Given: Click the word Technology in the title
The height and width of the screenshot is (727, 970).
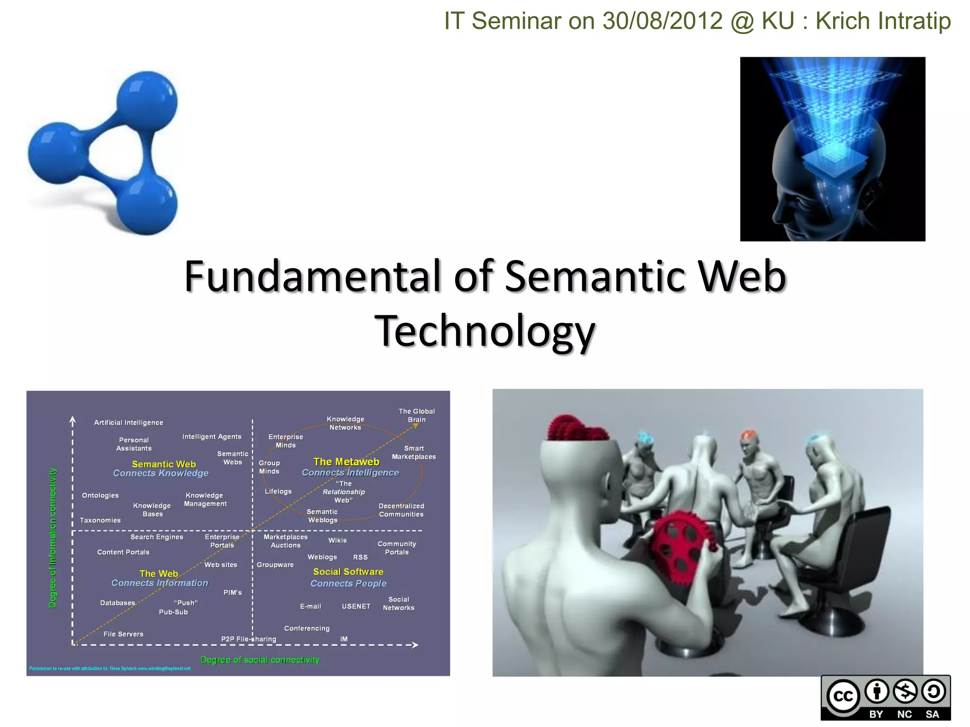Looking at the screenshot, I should click(x=485, y=331).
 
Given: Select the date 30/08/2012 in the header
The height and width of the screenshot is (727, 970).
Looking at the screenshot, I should click(x=663, y=21).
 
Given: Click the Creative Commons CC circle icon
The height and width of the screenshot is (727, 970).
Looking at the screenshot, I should click(x=843, y=696).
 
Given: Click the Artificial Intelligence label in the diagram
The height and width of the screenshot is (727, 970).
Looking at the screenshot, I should click(x=128, y=423).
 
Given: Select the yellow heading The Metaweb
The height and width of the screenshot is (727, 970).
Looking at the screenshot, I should click(x=346, y=462).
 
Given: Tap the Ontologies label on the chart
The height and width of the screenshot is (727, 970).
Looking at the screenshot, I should click(x=100, y=496).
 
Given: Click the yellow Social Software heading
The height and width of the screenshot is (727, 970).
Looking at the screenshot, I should click(x=348, y=572).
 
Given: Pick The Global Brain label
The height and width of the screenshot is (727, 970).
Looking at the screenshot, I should click(x=417, y=416).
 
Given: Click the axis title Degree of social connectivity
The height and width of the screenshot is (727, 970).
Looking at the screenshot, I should click(x=260, y=660).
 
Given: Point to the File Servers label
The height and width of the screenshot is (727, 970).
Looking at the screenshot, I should click(x=123, y=634).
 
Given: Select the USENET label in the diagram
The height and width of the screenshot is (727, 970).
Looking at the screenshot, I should click(x=356, y=606).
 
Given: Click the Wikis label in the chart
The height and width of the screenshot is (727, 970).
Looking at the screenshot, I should click(x=338, y=541).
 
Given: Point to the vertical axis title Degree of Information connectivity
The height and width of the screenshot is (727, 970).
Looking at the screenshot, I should click(x=53, y=538).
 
